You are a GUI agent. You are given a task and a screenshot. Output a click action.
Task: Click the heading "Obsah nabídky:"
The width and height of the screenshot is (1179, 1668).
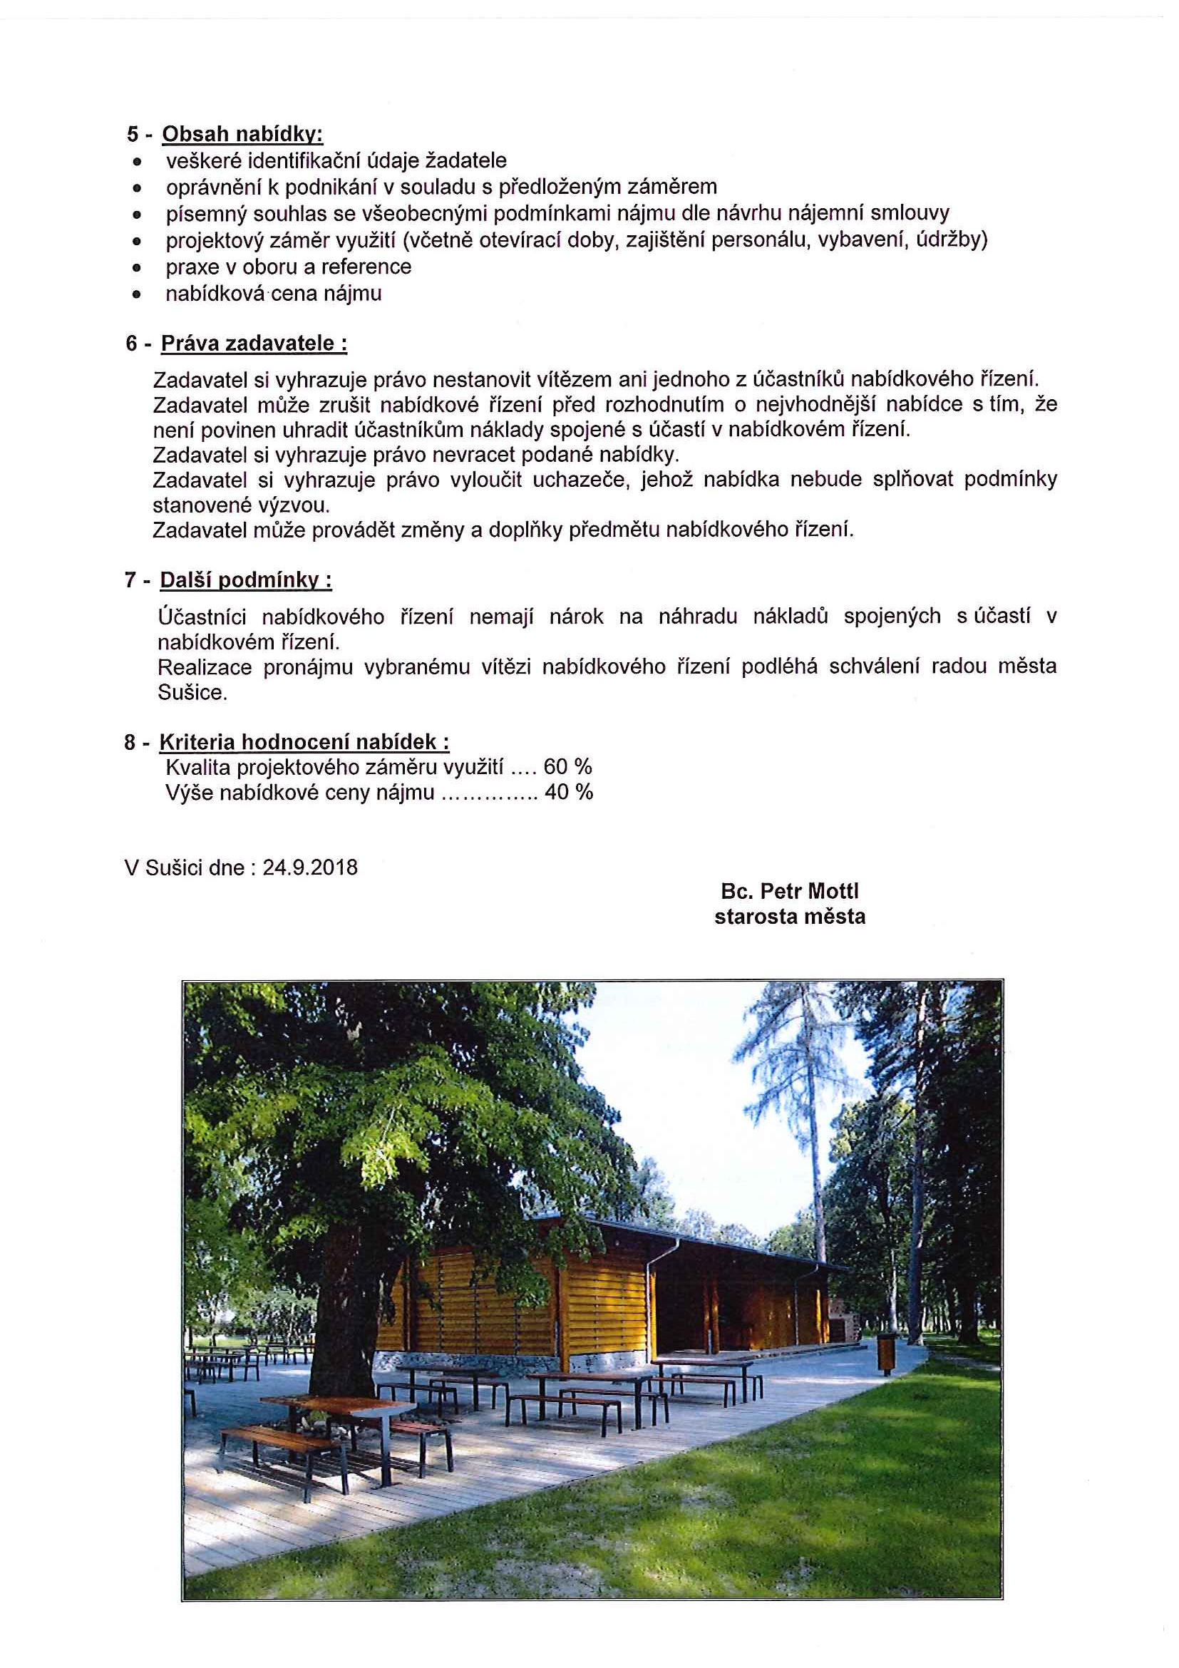click(x=242, y=135)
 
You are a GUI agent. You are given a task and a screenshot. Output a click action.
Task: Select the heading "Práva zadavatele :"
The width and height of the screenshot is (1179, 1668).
click(x=254, y=344)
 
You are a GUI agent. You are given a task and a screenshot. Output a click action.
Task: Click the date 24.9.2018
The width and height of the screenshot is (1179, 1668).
click(x=310, y=868)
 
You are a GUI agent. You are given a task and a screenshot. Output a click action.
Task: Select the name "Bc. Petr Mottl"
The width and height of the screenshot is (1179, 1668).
click(x=790, y=892)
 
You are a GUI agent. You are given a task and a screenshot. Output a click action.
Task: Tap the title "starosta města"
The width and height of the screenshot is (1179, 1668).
click(x=790, y=917)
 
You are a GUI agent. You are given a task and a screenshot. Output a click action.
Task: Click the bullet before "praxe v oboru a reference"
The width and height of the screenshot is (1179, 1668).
click(x=136, y=268)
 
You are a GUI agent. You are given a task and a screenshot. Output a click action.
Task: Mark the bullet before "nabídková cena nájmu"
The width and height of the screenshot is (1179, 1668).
click(x=136, y=295)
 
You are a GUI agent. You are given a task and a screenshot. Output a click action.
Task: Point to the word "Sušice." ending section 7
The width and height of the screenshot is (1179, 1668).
click(x=192, y=692)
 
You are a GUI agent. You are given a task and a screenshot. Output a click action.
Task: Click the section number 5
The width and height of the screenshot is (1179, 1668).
click(x=132, y=135)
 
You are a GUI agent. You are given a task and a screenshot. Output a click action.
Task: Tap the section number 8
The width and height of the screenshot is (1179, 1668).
click(x=130, y=743)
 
